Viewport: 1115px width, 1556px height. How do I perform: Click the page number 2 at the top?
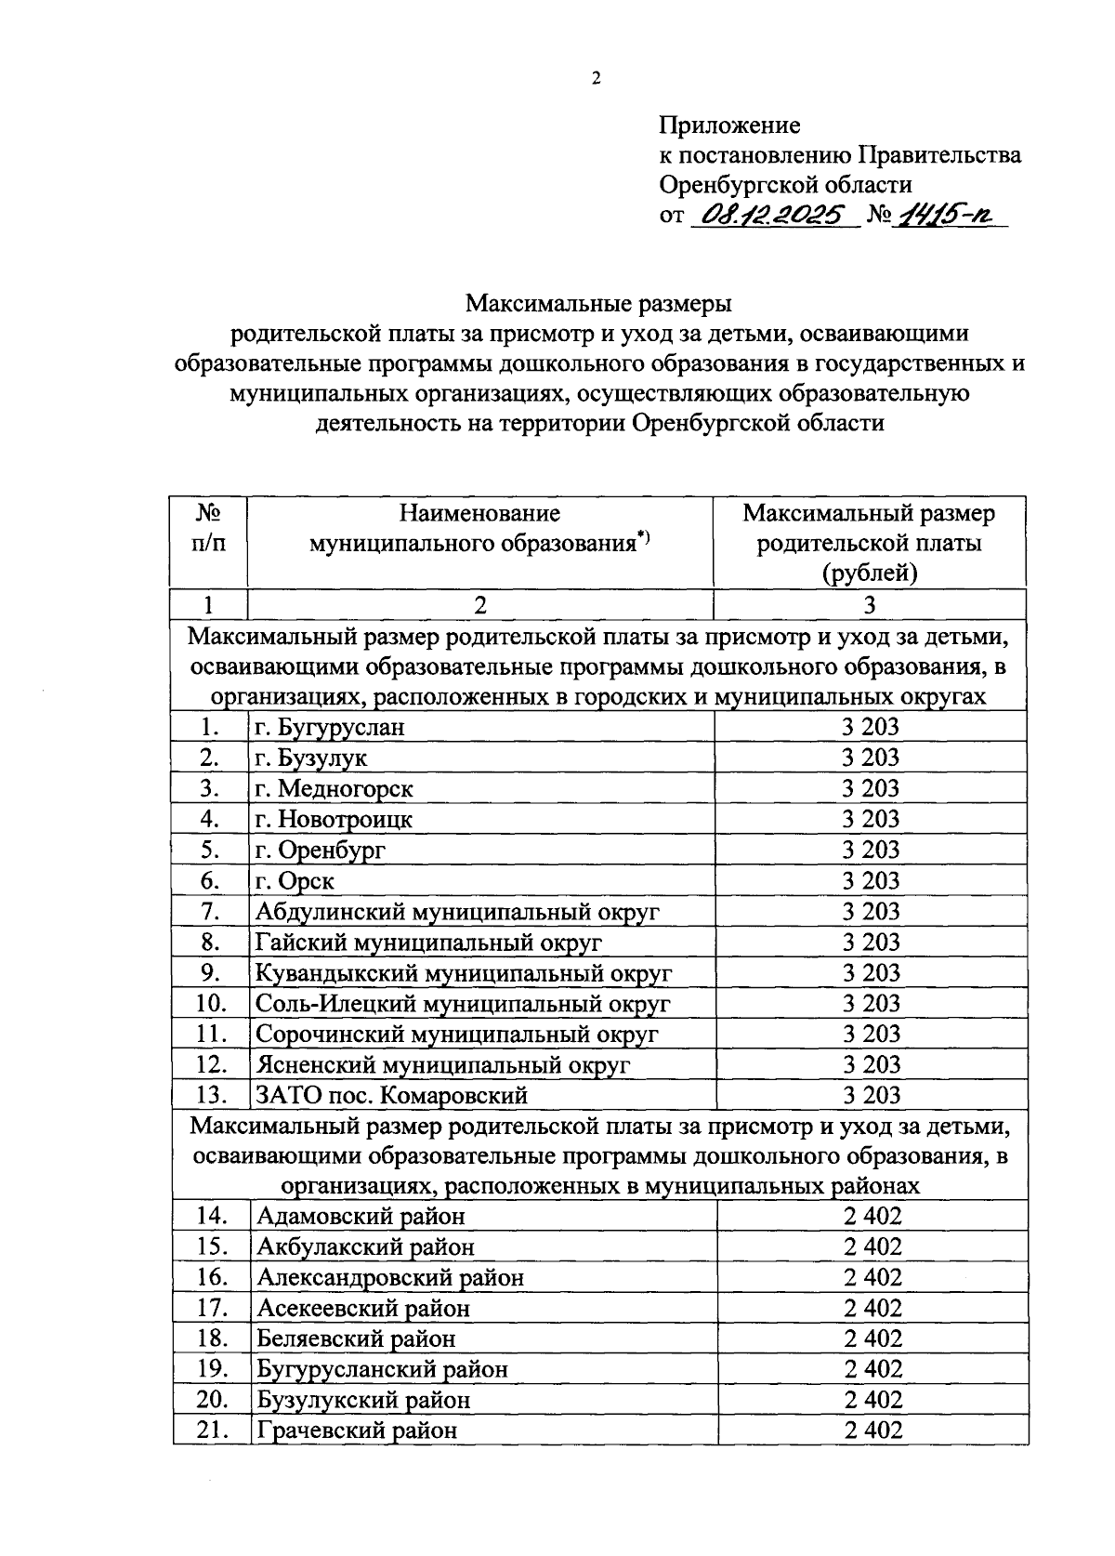(x=597, y=79)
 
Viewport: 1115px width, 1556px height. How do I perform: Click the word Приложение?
(x=729, y=125)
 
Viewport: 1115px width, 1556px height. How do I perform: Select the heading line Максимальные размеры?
(x=599, y=303)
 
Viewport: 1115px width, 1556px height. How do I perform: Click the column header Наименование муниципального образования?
(x=479, y=528)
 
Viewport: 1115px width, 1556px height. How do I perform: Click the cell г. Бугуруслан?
(x=330, y=727)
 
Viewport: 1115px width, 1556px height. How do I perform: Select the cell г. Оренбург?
(x=321, y=850)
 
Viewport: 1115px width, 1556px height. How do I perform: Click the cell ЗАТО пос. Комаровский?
(x=391, y=1096)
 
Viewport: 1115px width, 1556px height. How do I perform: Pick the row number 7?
(x=209, y=911)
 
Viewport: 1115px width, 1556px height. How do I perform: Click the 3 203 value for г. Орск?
(x=871, y=880)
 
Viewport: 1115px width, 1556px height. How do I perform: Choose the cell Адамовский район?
(x=361, y=1216)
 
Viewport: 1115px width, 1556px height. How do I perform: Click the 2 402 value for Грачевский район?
(x=872, y=1431)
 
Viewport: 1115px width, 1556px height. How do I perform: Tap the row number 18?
(x=213, y=1338)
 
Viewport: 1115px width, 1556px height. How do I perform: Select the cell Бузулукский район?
(x=363, y=1400)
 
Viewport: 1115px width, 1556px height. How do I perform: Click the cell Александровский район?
(x=390, y=1277)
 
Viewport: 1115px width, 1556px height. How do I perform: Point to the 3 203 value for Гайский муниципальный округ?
(x=871, y=942)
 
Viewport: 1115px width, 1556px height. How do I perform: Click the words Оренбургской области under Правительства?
(x=785, y=185)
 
